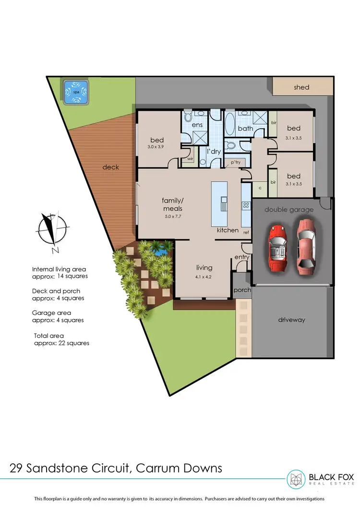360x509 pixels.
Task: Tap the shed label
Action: click(301, 87)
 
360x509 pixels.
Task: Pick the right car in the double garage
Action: click(306, 244)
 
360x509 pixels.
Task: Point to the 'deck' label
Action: click(110, 167)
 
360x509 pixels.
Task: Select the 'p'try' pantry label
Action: click(235, 163)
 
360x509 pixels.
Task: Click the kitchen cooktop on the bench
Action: click(246, 206)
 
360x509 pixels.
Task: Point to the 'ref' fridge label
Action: click(246, 232)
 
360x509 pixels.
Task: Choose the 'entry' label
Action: click(241, 258)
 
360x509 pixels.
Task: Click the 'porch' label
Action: click(242, 291)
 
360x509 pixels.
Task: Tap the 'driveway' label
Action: click(291, 320)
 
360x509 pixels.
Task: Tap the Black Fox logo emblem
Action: click(296, 479)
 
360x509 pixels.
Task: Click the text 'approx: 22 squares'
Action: click(61, 343)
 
